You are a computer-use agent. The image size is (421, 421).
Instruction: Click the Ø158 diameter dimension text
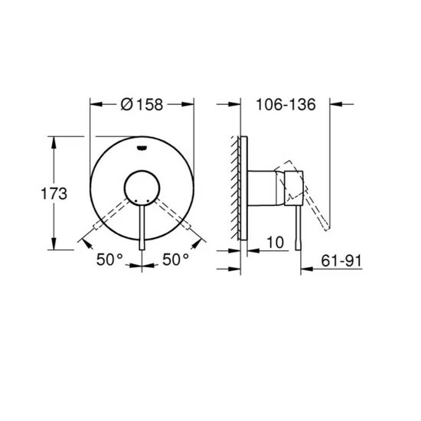pos(142,106)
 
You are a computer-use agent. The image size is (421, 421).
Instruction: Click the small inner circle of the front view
pos(142,188)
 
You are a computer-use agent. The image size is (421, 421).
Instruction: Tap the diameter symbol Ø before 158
pos(127,106)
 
